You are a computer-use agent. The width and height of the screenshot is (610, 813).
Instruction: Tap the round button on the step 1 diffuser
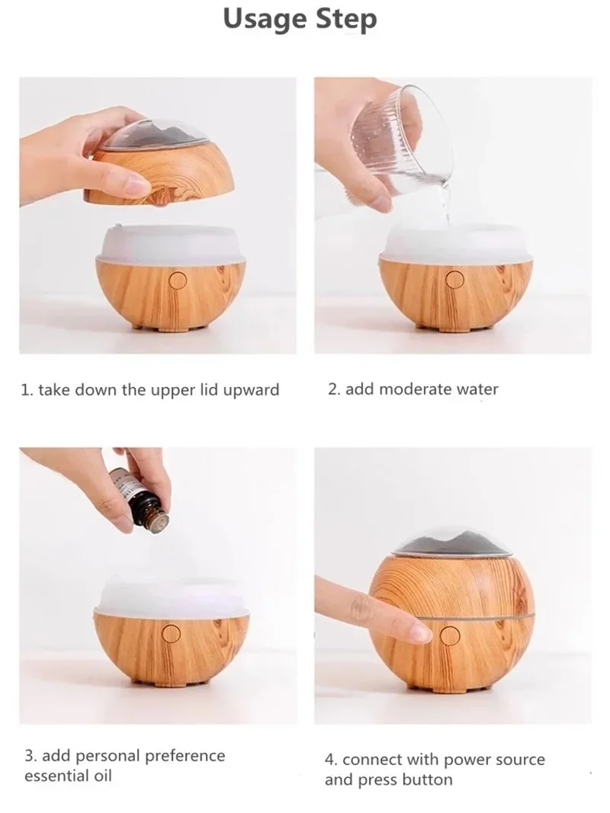178,281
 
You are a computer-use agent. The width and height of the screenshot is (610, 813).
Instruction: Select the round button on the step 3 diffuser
172,632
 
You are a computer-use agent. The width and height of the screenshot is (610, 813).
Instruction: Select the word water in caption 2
477,389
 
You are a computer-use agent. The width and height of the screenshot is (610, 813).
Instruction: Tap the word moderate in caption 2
416,389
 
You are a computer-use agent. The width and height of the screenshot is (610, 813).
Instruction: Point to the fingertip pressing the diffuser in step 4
419,630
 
